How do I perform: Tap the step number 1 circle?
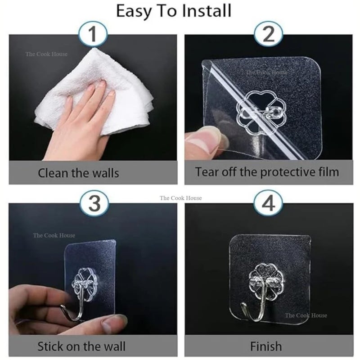93,34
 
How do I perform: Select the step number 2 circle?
268,34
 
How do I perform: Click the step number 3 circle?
93,204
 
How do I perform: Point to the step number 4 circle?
268,204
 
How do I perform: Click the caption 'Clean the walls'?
78,172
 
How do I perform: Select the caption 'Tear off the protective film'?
267,172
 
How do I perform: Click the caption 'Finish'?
266,346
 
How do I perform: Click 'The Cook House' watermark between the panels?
181,198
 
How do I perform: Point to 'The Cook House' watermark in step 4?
306,315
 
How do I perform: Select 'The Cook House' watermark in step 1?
46,54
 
